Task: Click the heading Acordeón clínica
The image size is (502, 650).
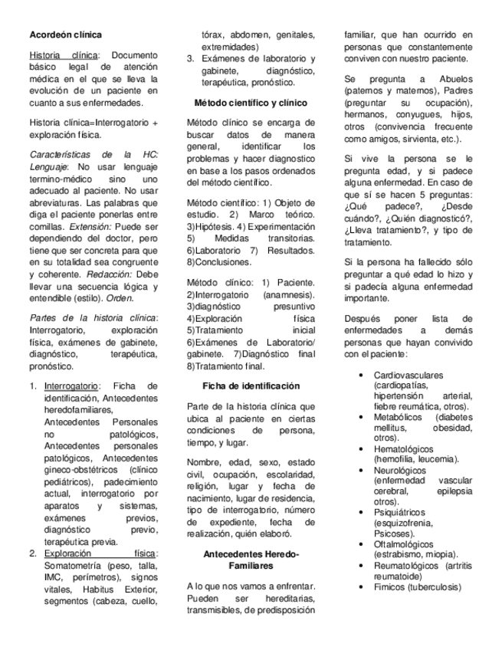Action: (x=65, y=34)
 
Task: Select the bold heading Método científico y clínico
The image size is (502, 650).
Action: (x=251, y=102)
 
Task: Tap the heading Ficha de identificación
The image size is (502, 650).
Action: (x=251, y=386)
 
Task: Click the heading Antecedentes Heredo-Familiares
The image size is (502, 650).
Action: (x=251, y=560)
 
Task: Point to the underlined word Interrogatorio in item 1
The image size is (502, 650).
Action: (x=71, y=386)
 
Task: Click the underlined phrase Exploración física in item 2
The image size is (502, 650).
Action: (x=100, y=553)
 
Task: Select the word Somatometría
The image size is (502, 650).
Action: (x=74, y=566)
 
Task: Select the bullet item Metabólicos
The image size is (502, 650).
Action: (x=400, y=416)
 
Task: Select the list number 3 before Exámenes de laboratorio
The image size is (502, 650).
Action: (x=190, y=58)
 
